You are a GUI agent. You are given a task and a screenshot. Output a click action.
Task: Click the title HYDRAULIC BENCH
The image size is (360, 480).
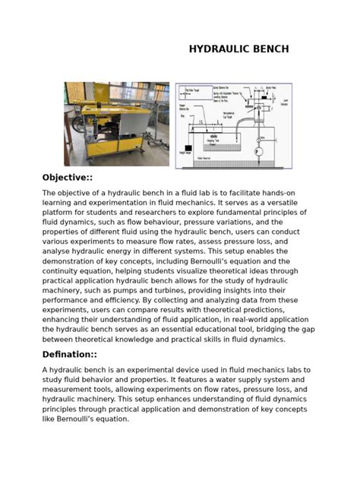coord(238,49)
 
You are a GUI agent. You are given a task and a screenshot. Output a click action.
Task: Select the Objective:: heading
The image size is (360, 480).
coord(70,177)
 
